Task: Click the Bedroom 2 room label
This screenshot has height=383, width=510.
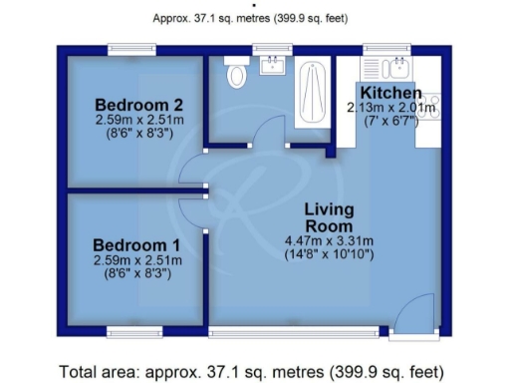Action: (x=138, y=105)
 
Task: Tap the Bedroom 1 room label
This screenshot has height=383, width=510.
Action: (x=136, y=245)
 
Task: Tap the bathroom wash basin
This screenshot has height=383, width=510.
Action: (x=270, y=67)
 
